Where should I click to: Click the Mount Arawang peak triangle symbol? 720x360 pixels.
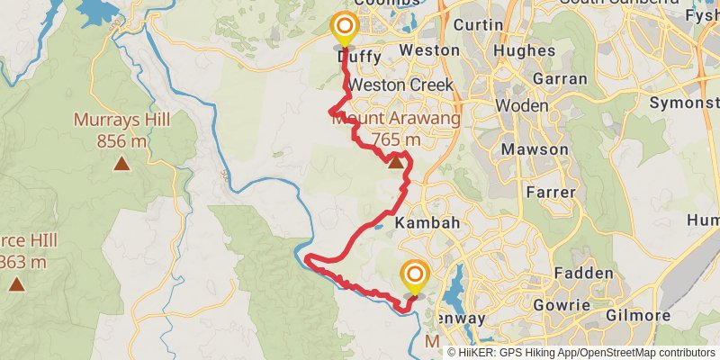(x=395, y=162)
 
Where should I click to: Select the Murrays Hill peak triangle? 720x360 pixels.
(x=121, y=164)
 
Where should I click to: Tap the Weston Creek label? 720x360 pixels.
(x=394, y=85)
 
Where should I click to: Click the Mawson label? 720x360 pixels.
(x=535, y=149)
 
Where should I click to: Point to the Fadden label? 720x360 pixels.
(x=584, y=274)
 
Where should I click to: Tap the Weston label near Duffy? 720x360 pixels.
(x=422, y=50)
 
